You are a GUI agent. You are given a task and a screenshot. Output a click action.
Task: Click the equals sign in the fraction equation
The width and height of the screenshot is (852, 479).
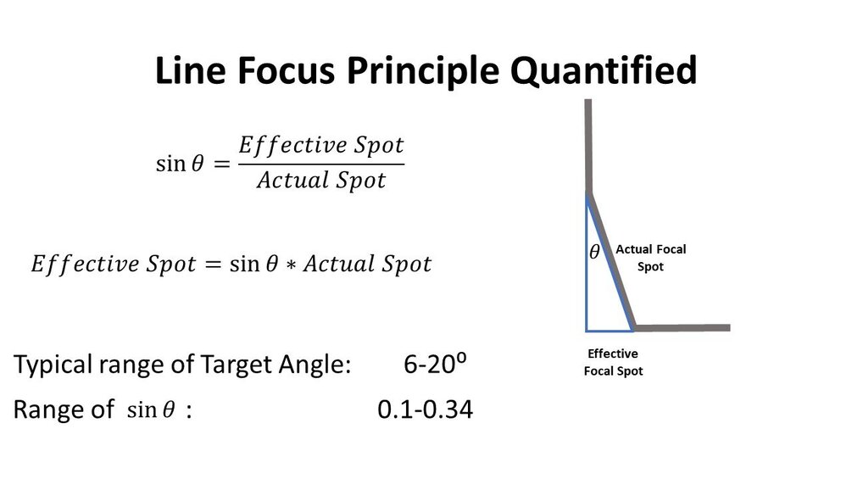click(x=222, y=164)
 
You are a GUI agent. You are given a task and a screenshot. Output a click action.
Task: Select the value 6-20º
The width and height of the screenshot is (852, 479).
click(x=436, y=366)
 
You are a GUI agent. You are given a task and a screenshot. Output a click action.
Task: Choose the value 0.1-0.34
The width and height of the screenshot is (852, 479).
click(x=425, y=410)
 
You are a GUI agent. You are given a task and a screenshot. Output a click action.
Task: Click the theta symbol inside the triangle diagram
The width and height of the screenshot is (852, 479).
click(x=594, y=252)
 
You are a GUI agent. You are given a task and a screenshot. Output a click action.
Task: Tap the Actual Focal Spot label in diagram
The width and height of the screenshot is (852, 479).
click(x=650, y=258)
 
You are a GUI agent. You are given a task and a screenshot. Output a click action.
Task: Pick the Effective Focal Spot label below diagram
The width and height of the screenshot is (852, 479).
click(x=612, y=362)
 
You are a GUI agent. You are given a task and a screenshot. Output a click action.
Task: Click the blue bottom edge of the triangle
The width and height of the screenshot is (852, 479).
click(x=610, y=330)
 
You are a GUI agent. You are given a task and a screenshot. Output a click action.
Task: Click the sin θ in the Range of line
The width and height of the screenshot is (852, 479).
click(x=150, y=411)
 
